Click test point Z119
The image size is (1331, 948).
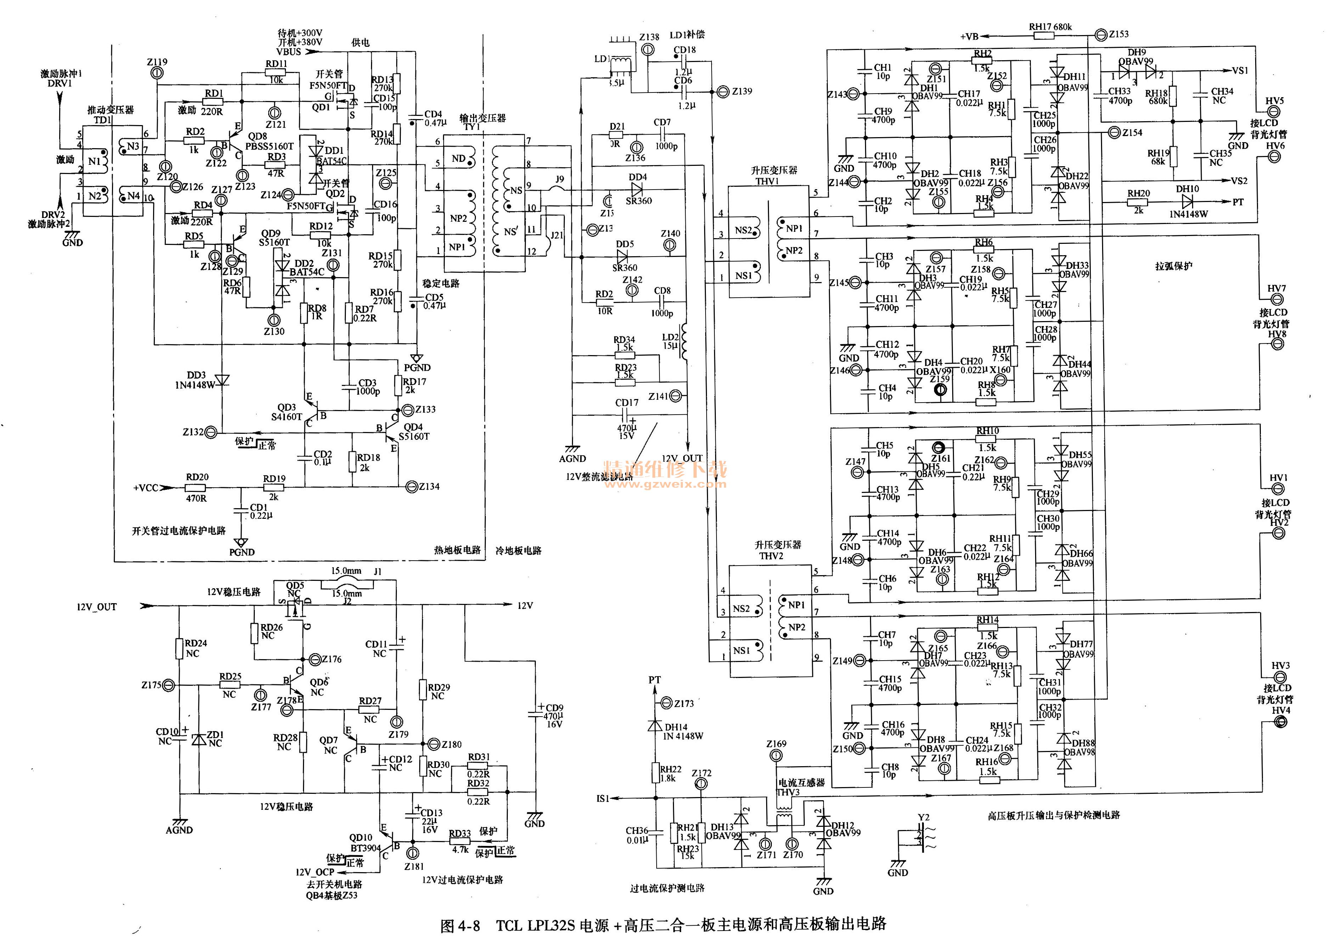click(x=156, y=73)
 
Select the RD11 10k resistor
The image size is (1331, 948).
click(x=276, y=72)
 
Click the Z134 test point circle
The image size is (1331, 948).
click(x=411, y=486)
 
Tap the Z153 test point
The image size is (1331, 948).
click(x=1101, y=35)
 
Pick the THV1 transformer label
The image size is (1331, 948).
click(x=767, y=181)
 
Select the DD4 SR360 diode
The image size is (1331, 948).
click(x=638, y=189)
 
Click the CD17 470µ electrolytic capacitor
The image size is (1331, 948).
click(x=627, y=416)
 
